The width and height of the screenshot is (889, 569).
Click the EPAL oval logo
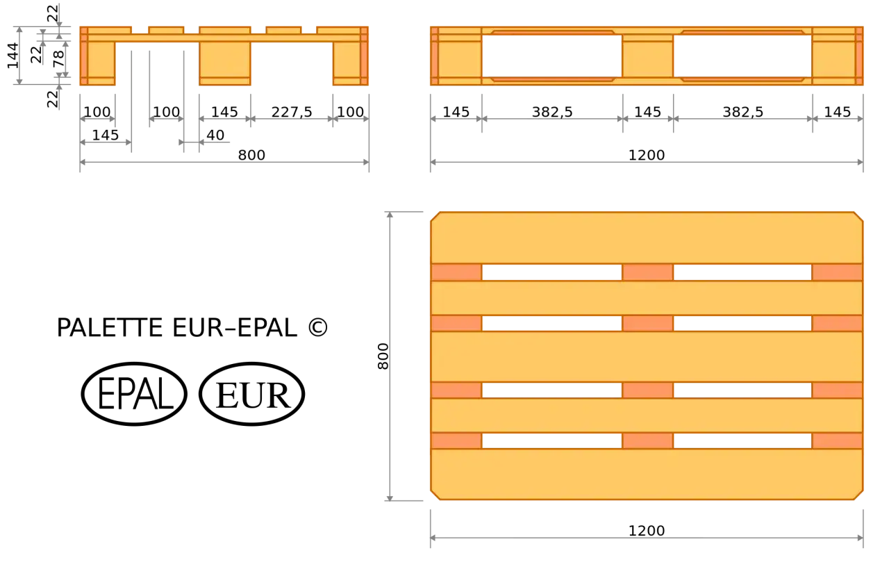(x=134, y=394)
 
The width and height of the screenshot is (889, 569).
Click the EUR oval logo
(x=252, y=394)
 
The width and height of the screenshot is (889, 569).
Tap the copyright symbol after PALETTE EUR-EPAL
(x=318, y=328)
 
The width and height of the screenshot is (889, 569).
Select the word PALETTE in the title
(x=110, y=328)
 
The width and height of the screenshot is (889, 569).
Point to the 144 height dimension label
(x=13, y=56)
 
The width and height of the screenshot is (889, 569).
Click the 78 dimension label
(x=59, y=59)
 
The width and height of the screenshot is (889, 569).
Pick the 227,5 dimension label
(x=292, y=113)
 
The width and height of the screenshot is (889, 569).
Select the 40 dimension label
(x=215, y=135)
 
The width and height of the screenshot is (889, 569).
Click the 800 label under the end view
(x=251, y=155)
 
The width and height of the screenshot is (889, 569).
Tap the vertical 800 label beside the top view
(x=383, y=356)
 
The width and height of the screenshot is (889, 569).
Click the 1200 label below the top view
(x=647, y=531)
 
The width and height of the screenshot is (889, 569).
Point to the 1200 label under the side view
(x=647, y=155)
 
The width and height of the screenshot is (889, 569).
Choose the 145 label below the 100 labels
(x=105, y=135)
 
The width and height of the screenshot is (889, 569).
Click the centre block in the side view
(x=648, y=56)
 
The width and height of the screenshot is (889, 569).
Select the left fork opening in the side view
(x=552, y=56)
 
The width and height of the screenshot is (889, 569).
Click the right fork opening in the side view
(x=742, y=56)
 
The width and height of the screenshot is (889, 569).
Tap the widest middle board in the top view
(x=647, y=356)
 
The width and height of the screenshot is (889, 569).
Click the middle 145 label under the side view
(x=648, y=113)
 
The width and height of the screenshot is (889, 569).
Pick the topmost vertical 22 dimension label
(x=52, y=13)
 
